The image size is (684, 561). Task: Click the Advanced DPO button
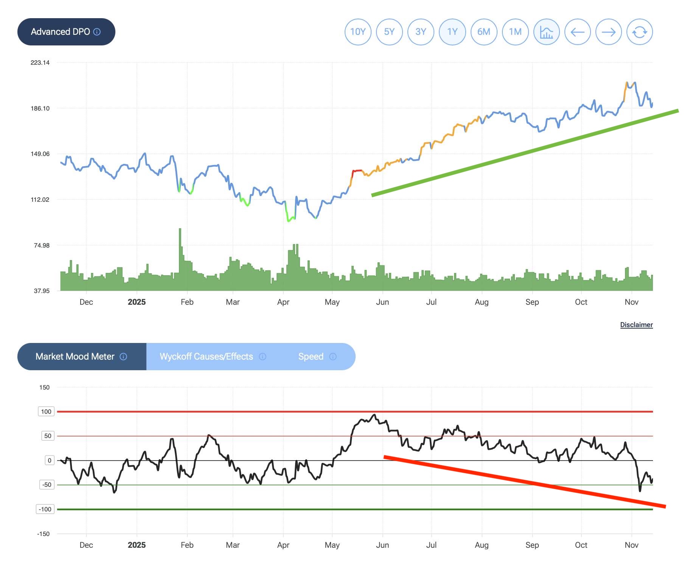(66, 32)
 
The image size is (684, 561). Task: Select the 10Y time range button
(358, 32)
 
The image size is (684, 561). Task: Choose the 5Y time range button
(389, 32)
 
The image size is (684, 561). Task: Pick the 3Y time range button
(421, 32)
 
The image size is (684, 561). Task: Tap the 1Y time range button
(452, 32)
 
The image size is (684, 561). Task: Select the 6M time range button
(484, 32)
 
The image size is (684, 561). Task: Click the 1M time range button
(515, 32)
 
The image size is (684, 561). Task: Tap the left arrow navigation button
(578, 32)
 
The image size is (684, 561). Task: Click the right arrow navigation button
(609, 32)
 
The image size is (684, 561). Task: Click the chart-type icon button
(547, 32)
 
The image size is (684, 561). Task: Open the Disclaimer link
(636, 325)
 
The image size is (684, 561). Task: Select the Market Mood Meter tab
(75, 357)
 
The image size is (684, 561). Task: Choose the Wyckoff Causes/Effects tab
(207, 357)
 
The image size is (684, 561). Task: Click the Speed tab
(311, 357)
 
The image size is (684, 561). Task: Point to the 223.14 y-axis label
(40, 63)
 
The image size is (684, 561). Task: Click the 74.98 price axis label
(42, 246)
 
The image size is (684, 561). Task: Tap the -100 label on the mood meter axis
(45, 510)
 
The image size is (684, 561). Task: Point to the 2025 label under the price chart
(137, 302)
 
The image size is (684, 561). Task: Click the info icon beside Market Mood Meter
(123, 357)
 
